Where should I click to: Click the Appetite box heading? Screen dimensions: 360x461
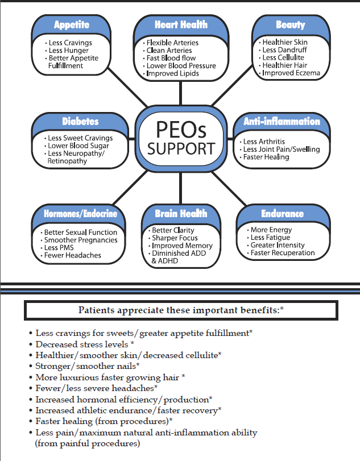tap(72, 24)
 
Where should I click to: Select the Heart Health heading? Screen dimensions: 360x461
tap(181, 24)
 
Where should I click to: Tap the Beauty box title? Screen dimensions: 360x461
tap(290, 24)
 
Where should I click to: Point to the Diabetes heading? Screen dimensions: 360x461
tap(80, 122)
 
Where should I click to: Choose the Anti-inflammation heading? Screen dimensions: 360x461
tap(282, 122)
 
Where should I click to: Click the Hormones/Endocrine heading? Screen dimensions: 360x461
tap(80, 214)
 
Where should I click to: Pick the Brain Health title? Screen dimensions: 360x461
tap(181, 214)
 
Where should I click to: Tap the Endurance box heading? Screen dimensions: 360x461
tap(282, 214)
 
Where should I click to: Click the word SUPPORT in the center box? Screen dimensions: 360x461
tap(181, 149)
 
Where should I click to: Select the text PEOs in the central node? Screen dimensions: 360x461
tap(181, 130)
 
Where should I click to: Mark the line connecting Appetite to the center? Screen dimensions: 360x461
tap(127, 88)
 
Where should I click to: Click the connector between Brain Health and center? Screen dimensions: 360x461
tap(181, 188)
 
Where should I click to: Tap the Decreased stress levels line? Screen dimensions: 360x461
tap(85, 344)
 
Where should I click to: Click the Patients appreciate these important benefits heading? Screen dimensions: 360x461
tap(181, 310)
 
